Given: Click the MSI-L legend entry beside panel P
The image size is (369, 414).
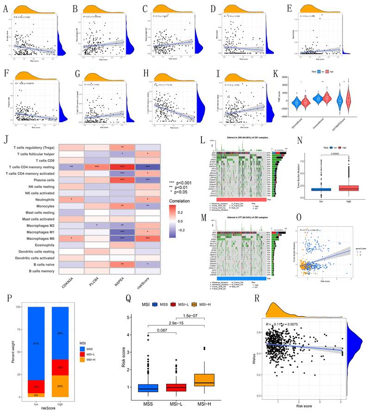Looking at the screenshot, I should [x=85, y=361].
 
